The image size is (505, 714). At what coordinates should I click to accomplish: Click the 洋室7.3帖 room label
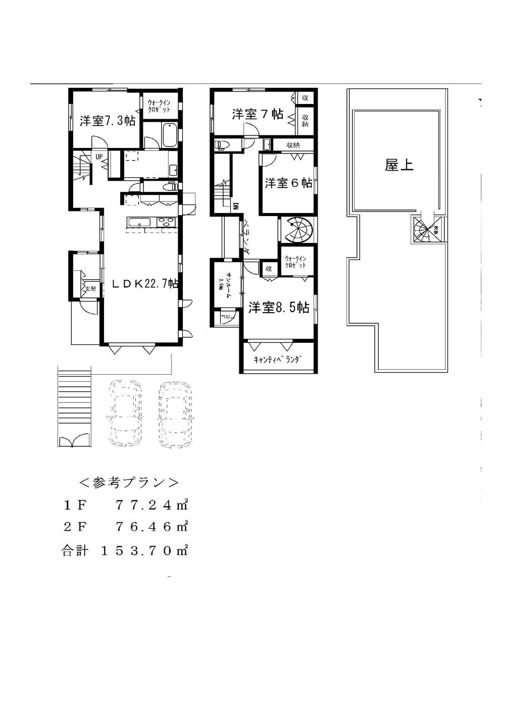(x=107, y=121)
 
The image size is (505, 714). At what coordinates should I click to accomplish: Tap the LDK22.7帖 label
(x=144, y=284)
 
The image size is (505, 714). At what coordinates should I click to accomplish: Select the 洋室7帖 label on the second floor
(x=257, y=114)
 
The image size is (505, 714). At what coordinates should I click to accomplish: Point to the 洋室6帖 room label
(x=288, y=183)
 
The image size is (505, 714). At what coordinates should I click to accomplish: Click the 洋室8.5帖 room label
(x=278, y=307)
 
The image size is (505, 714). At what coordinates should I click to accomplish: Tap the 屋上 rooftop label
(x=399, y=165)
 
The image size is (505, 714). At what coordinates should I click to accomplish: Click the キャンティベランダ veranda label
(x=278, y=360)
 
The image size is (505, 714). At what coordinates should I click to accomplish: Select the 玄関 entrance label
(x=90, y=289)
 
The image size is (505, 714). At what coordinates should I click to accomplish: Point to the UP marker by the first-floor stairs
(x=100, y=157)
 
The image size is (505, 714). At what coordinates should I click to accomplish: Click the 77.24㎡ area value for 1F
(x=151, y=504)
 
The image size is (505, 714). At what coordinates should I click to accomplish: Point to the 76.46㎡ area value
(x=151, y=527)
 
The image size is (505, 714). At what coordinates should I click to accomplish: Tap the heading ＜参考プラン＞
(x=128, y=482)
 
